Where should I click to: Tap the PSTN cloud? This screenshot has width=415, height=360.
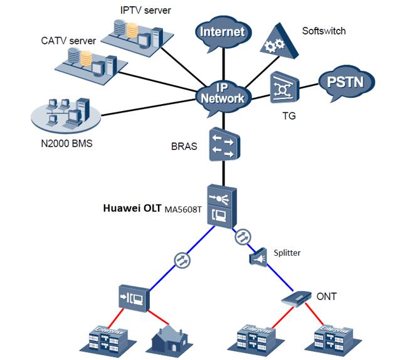coord(345,82)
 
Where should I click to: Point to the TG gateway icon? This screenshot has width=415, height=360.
coord(284,88)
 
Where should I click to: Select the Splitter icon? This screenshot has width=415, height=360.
coord(258,256)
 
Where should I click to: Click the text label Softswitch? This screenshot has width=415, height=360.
coord(323,31)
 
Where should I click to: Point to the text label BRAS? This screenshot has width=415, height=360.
coord(184,146)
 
